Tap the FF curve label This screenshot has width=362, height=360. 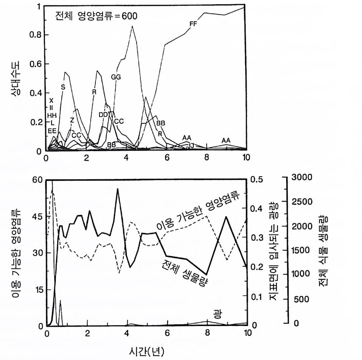point(194,24)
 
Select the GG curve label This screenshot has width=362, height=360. point(116,77)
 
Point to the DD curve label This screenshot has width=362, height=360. point(103,115)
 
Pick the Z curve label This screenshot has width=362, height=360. point(72,120)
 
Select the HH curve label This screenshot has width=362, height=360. point(52,115)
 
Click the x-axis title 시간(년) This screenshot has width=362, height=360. point(146,351)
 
